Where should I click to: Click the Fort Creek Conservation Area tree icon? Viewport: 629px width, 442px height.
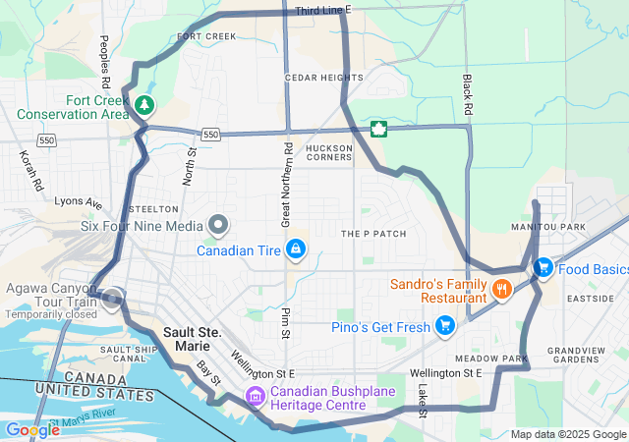(144, 103)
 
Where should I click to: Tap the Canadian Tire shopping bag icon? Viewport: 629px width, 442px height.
(294, 250)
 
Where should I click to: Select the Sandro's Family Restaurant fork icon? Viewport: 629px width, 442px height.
(501, 289)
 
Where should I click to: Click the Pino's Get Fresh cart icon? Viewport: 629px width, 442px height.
(444, 325)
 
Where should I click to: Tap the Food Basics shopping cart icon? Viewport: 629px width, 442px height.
(543, 267)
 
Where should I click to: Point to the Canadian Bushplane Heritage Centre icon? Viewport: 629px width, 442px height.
(256, 397)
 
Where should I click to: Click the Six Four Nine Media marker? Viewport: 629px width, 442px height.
(217, 225)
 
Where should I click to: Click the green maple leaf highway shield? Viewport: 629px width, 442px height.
(377, 130)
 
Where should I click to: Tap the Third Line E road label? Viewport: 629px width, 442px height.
(322, 10)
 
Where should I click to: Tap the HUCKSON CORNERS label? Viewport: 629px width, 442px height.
(328, 152)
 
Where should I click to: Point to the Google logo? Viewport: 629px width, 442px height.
(32, 429)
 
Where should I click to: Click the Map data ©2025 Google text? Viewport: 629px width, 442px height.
(567, 434)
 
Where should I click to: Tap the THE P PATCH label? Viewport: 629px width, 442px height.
(372, 234)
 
